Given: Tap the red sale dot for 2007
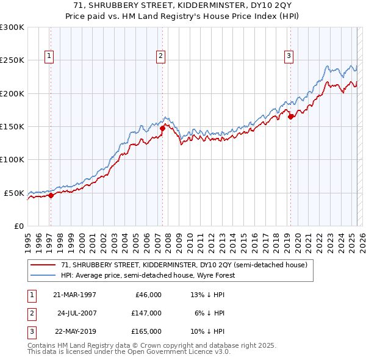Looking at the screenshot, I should pos(163,129).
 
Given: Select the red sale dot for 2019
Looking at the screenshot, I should pos(291,117).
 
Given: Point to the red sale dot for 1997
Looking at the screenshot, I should pos(51,195).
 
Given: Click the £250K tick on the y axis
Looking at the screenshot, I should pos(12,60).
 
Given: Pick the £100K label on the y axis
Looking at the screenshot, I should pos(12,159).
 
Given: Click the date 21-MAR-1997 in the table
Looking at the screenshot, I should pos(74,295).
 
